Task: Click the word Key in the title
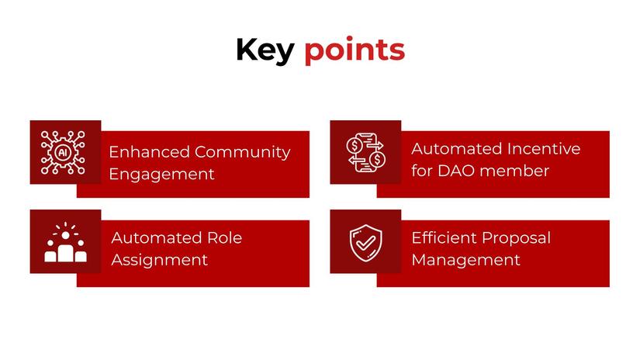265,50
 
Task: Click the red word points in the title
354,50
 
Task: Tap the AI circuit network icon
65,152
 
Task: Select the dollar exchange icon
365,152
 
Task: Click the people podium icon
65,243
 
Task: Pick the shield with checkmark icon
365,242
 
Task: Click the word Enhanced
149,152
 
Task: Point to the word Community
242,152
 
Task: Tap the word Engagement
161,174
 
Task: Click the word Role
223,237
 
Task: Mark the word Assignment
159,259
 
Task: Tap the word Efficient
443,237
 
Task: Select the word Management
465,259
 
